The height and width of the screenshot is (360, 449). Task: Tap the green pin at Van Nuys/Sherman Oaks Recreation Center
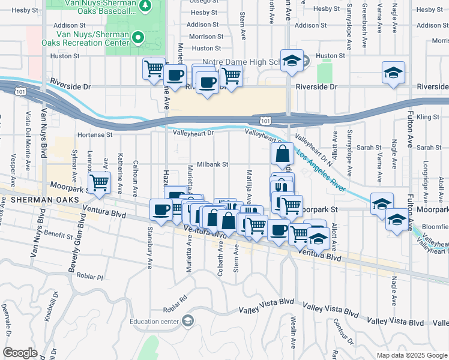pos(138,38)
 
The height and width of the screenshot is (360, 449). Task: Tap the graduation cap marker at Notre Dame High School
pos(292,61)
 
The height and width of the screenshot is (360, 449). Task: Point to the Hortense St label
pos(94,135)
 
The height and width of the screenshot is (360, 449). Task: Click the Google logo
pos(20,353)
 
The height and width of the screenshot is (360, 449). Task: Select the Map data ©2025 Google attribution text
pos(412,355)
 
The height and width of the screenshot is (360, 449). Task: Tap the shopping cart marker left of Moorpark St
pos(291,206)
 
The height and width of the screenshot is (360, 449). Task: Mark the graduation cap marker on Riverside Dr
pos(393,73)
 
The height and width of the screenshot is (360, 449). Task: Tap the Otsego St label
pos(204,2)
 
